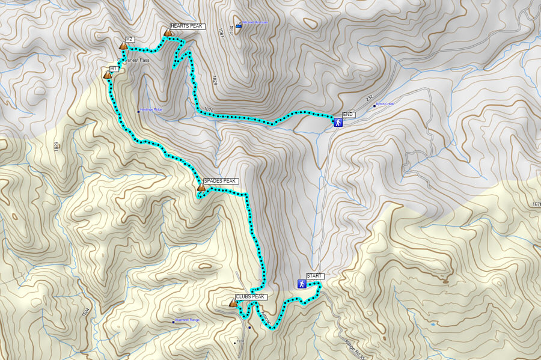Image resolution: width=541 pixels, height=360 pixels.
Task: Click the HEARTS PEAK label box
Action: pyautogui.click(x=187, y=26)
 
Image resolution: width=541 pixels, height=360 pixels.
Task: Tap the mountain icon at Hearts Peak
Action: pyautogui.click(x=167, y=32)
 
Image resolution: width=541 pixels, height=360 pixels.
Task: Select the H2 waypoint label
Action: pyautogui.click(x=129, y=40)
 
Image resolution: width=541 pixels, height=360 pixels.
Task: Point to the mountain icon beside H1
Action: pyautogui.click(x=108, y=75)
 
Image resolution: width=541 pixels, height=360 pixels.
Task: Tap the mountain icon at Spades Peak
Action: pyautogui.click(x=201, y=188)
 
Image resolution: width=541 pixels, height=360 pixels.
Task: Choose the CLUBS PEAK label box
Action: pyautogui.click(x=250, y=297)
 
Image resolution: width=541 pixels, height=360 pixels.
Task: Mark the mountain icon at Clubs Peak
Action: pyautogui.click(x=233, y=303)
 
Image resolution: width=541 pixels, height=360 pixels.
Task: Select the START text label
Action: pyautogui.click(x=315, y=276)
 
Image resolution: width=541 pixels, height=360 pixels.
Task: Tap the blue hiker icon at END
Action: pyautogui.click(x=338, y=123)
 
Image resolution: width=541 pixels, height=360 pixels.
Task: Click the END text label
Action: pyautogui.click(x=349, y=114)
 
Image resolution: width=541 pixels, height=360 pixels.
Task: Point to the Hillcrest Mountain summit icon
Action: pyautogui.click(x=239, y=25)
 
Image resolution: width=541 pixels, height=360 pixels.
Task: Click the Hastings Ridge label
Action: pyautogui.click(x=151, y=109)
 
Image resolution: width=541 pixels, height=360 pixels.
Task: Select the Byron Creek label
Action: pyautogui.click(x=384, y=105)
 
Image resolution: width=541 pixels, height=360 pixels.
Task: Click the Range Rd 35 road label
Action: pyautogui.click(x=355, y=349)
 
